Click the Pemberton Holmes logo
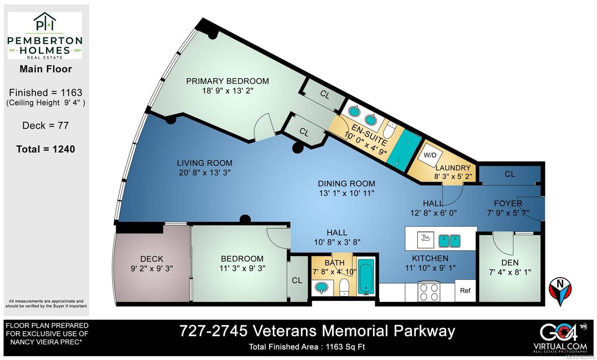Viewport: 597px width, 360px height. pyautogui.click(x=45, y=35)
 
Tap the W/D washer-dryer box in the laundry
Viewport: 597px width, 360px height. pyautogui.click(x=430, y=155)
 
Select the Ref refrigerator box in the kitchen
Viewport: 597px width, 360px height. pyautogui.click(x=465, y=291)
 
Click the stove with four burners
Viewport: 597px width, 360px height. pyautogui.click(x=429, y=291)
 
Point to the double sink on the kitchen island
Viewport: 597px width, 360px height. pyautogui.click(x=449, y=241)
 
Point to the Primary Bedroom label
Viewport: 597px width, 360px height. pyautogui.click(x=227, y=81)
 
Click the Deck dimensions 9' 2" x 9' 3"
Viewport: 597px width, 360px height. pyautogui.click(x=151, y=268)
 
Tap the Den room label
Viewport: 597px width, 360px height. pyautogui.click(x=510, y=263)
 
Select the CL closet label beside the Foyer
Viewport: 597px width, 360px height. pyautogui.click(x=510, y=174)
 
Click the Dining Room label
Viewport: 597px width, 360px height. pyautogui.click(x=346, y=184)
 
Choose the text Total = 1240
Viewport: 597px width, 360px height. pyautogui.click(x=46, y=149)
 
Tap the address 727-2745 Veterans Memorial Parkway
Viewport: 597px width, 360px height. pyautogui.click(x=317, y=331)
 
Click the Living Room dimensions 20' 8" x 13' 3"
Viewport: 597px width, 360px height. pyautogui.click(x=204, y=172)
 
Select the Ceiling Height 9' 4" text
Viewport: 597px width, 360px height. pyautogui.click(x=46, y=103)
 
